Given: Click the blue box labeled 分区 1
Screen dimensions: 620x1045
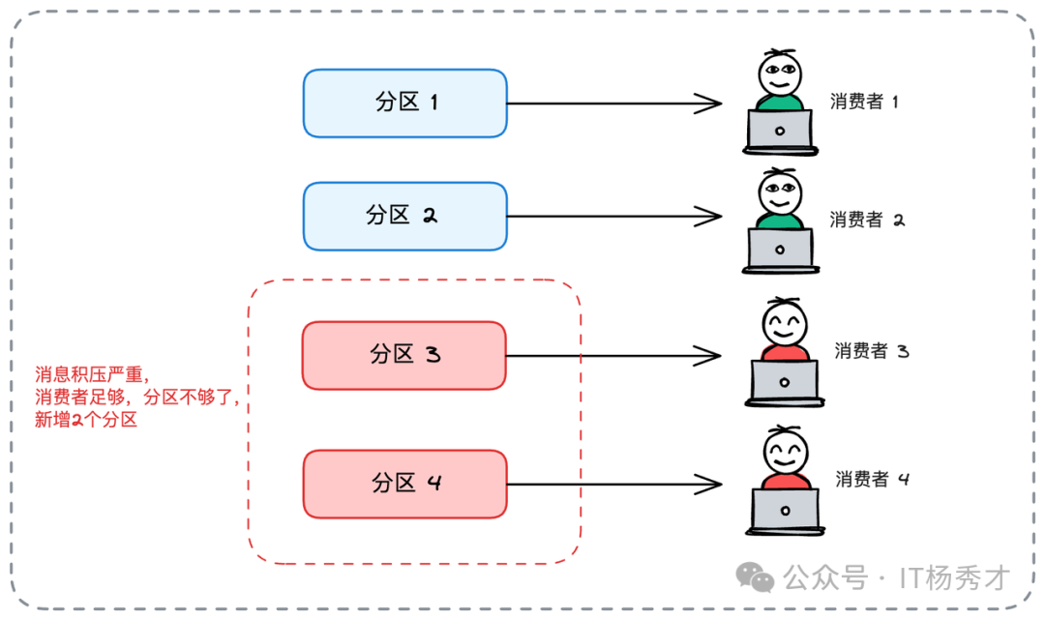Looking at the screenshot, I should [404, 103].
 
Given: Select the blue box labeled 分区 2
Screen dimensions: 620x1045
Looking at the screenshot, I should [404, 216].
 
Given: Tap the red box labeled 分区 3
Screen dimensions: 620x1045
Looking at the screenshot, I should [404, 355].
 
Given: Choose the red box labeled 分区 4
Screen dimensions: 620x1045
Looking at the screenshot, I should [404, 483].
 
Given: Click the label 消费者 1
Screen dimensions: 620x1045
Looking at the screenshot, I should [864, 102].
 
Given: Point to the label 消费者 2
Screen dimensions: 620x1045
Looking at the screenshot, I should [866, 220].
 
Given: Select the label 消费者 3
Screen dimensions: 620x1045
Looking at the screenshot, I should [871, 351].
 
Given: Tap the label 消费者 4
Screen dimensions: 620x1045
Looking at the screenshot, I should [872, 479].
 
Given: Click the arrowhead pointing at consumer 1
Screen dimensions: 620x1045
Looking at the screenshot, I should [711, 103].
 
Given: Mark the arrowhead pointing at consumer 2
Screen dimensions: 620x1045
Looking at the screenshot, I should [711, 217].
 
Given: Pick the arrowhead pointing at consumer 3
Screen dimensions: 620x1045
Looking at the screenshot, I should [711, 356].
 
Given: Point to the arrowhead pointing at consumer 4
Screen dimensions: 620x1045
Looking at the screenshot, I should [711, 484].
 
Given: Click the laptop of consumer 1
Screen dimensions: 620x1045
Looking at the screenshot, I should [780, 131].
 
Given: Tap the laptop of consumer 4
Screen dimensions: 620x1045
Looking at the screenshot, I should [785, 509].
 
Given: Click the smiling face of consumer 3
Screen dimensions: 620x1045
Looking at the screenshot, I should [784, 321].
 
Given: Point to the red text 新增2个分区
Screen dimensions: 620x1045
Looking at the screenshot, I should [86, 420].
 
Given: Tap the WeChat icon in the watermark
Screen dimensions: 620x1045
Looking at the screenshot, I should [755, 577].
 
